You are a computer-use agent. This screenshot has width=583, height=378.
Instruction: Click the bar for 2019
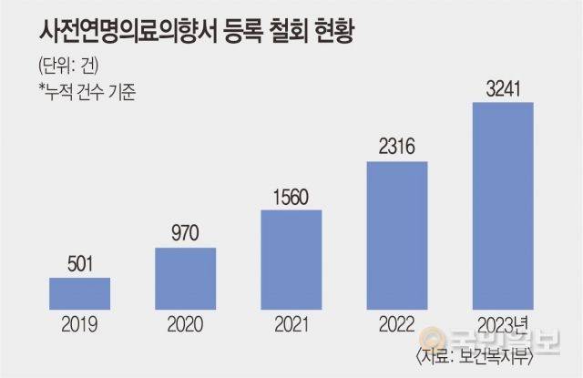79,292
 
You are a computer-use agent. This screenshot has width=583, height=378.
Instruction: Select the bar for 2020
185,277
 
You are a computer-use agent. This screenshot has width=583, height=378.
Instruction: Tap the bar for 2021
291,260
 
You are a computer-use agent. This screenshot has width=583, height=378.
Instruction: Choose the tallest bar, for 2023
502,206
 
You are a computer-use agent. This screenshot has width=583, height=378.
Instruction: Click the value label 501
79,265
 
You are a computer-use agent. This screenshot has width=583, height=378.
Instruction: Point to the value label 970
185,234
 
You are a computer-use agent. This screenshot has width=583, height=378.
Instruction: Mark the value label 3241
502,90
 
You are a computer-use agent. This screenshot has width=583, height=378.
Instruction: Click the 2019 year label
79,323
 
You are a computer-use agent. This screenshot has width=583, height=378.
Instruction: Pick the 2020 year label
185,323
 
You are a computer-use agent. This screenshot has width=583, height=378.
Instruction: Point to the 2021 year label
291,323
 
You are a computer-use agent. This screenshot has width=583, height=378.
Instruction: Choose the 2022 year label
396,323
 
